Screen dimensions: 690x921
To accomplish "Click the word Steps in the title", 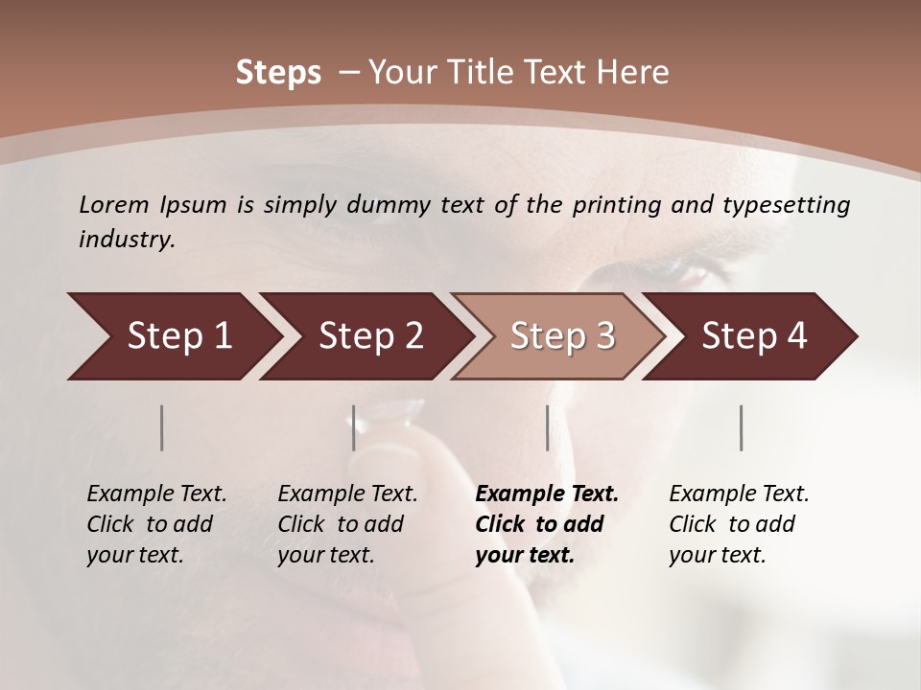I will pyautogui.click(x=278, y=73).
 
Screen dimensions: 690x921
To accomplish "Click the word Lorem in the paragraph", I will pyautogui.click(x=113, y=204).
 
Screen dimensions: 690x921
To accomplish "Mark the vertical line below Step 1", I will pyautogui.click(x=162, y=427).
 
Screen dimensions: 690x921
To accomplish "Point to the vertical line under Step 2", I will pyautogui.click(x=353, y=427).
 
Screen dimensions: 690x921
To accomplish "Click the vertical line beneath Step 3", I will pyautogui.click(x=547, y=427).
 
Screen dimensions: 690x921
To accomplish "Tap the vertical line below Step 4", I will pyautogui.click(x=741, y=427).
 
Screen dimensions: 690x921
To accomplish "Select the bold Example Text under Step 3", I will pyautogui.click(x=547, y=494).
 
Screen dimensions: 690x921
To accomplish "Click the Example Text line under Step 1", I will pyautogui.click(x=156, y=494).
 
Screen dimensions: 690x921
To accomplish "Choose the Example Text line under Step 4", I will pyautogui.click(x=739, y=494).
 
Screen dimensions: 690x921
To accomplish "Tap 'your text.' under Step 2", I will pyautogui.click(x=325, y=555).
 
